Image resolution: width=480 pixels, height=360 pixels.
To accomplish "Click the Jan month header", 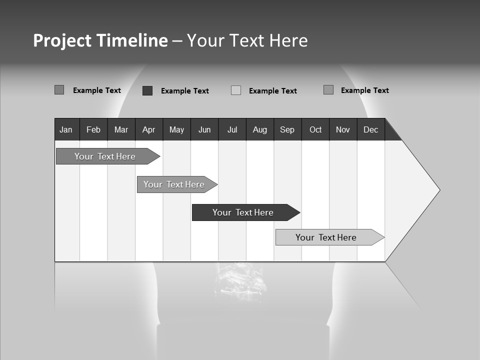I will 66,129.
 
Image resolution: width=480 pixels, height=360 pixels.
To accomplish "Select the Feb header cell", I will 93,129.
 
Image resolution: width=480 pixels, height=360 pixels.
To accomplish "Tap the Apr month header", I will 149,129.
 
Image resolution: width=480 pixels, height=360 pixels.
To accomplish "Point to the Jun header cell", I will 204,129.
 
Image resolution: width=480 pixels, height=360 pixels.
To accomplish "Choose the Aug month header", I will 260,129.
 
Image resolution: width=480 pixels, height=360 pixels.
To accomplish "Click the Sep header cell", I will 287,129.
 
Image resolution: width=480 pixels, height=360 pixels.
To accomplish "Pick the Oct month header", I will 315,129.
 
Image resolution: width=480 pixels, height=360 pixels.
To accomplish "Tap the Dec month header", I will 371,129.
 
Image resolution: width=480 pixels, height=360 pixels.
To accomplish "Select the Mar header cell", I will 121,129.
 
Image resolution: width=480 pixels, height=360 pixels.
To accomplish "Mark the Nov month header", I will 343,129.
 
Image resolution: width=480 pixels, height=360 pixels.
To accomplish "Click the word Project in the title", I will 62,40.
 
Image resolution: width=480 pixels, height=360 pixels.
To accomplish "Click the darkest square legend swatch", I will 147,90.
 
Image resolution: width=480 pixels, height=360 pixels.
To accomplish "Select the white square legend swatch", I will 236,90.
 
